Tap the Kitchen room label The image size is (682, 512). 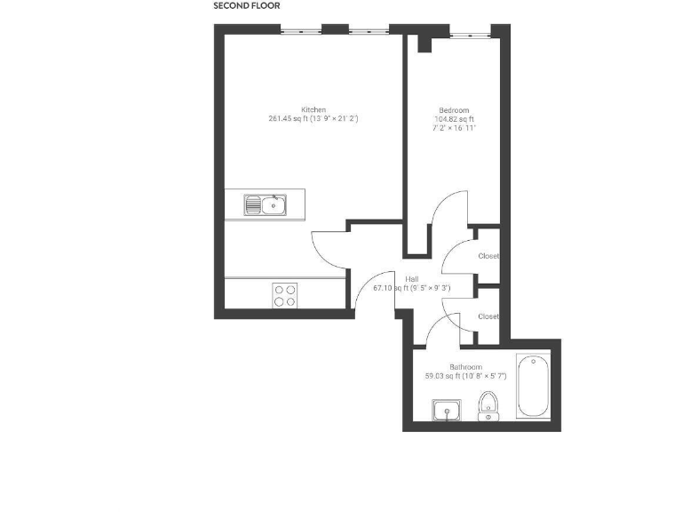pos(313,109)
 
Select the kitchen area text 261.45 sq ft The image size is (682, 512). pos(288,118)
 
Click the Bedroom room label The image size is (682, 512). pos(454,110)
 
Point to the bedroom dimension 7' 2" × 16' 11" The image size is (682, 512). pos(454,128)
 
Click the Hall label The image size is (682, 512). pos(412,278)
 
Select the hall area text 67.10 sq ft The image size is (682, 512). pos(390,287)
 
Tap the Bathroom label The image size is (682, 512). pos(465,366)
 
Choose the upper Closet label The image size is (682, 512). pos(488,256)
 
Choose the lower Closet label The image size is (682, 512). pos(488,316)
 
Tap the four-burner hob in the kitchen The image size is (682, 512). pos(285,295)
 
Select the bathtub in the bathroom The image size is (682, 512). pos(533,386)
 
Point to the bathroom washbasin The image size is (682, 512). pos(446,410)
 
